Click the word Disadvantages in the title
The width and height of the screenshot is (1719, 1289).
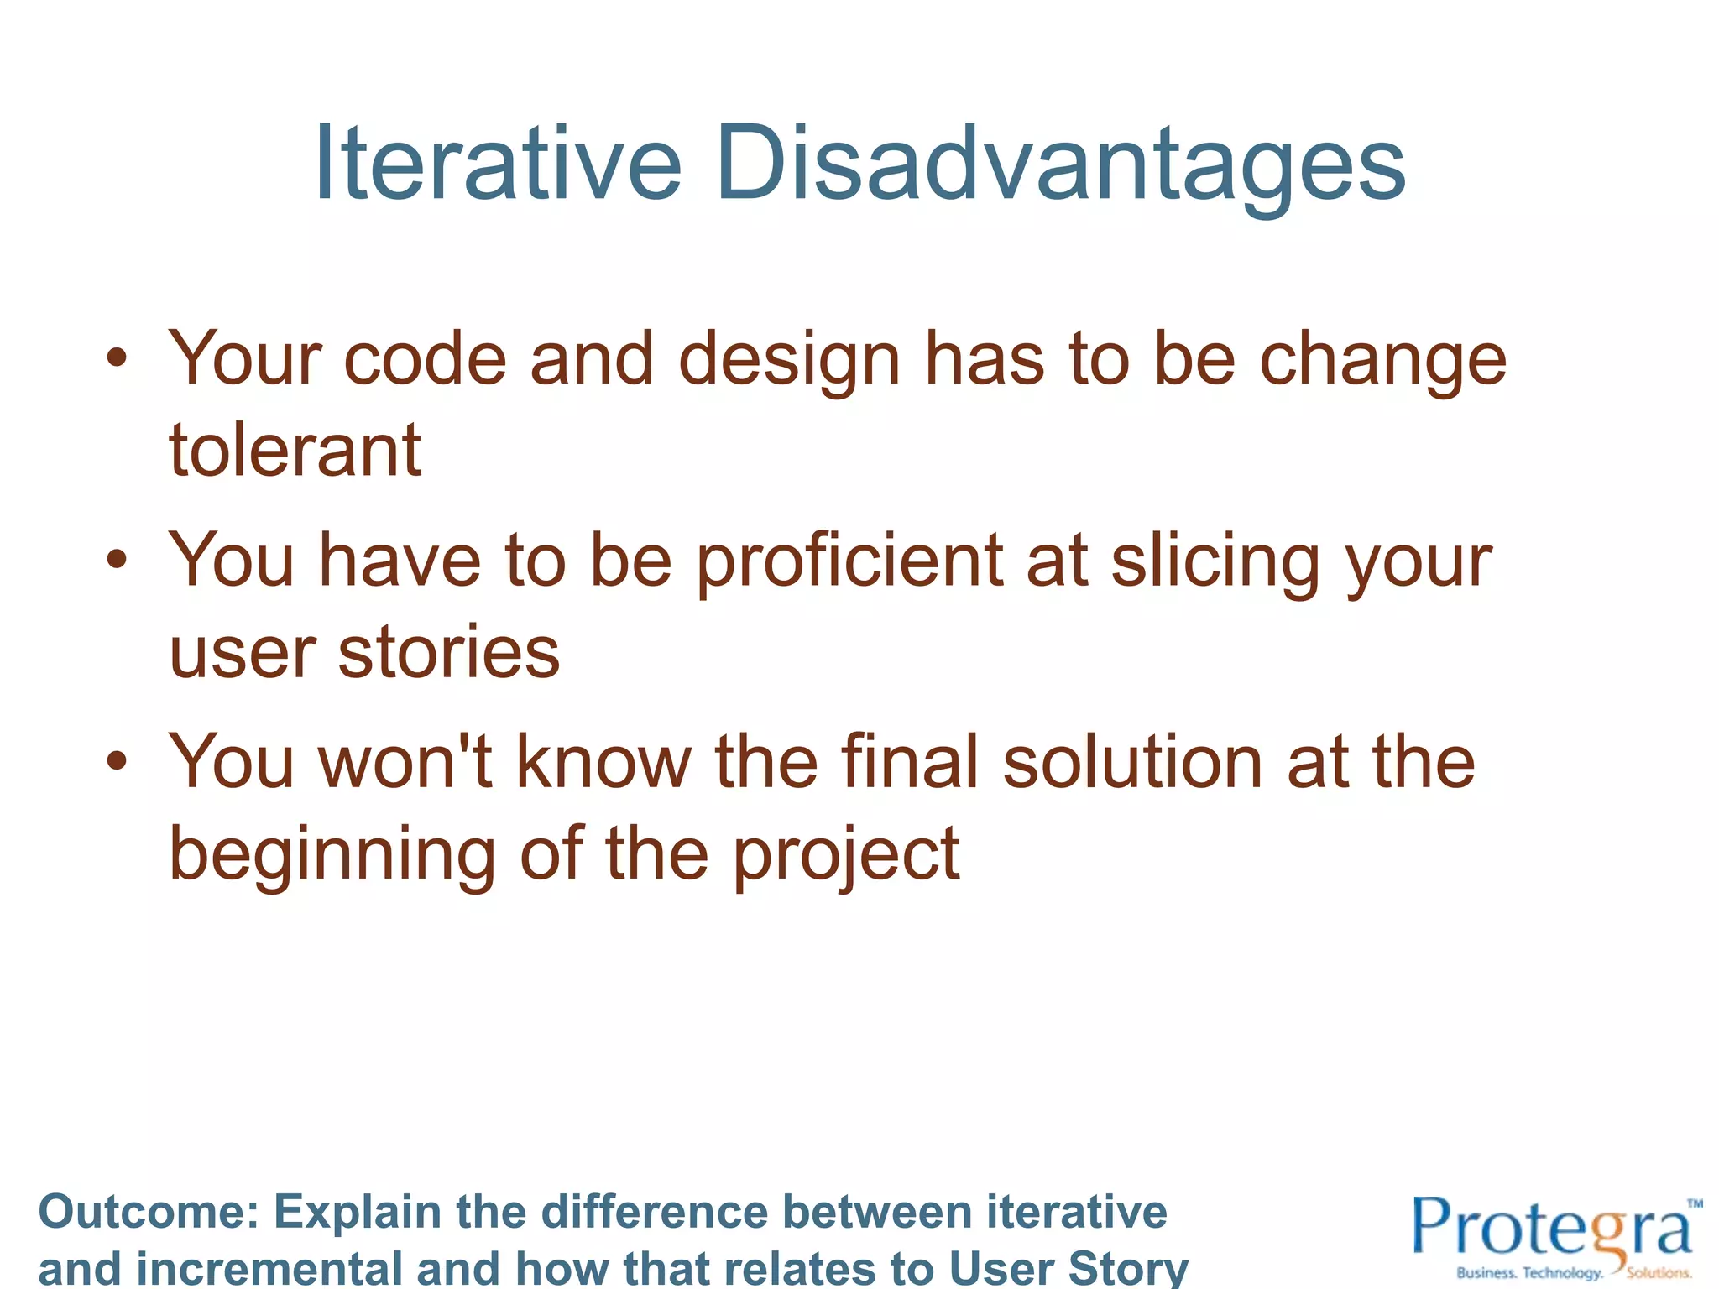click(1060, 163)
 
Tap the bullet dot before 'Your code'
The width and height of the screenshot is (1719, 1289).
click(117, 358)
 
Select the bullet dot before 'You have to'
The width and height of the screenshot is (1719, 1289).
click(117, 560)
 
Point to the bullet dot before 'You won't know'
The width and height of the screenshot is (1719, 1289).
click(117, 761)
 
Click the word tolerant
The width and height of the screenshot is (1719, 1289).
click(295, 451)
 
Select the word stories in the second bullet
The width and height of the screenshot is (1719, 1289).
click(449, 652)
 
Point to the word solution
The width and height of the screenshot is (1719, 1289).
click(1133, 761)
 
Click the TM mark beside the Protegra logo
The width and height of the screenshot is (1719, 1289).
click(1695, 1203)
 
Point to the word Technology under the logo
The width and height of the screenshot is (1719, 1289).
click(1562, 1273)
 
